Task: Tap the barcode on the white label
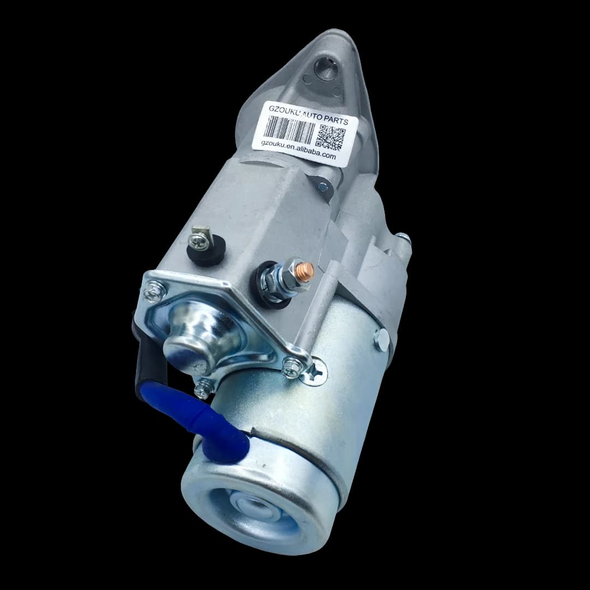coord(289,129)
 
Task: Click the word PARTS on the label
coord(334,120)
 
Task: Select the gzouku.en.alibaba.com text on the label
coord(298,150)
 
